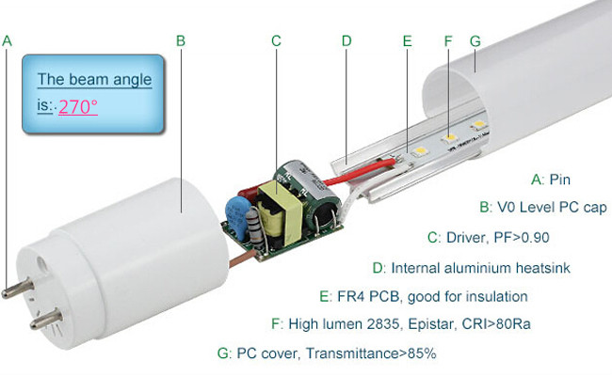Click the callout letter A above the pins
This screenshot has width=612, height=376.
click(x=8, y=40)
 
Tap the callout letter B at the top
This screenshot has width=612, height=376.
click(x=180, y=40)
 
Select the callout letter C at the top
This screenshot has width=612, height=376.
click(x=276, y=40)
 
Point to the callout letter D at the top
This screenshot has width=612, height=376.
click(x=346, y=40)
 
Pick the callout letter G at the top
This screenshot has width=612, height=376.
click(x=475, y=41)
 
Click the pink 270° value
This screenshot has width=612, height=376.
click(x=78, y=106)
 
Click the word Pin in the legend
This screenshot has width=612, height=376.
click(x=559, y=179)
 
